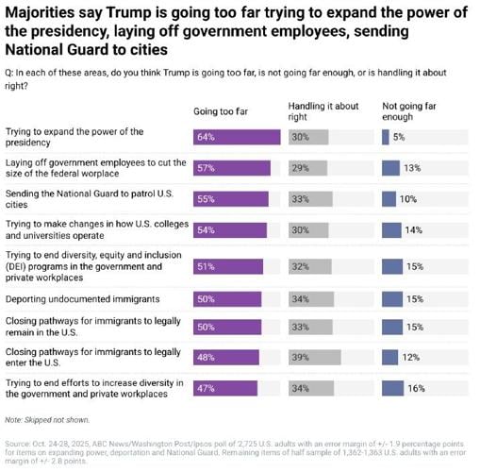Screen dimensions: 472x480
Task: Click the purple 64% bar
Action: pyautogui.click(x=237, y=137)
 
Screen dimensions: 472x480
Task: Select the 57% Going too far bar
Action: pyautogui.click(x=232, y=168)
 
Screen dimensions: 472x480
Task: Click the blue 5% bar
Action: pyautogui.click(x=386, y=137)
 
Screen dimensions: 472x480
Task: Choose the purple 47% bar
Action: pyautogui.click(x=225, y=388)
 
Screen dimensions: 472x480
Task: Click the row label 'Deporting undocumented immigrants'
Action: pyautogui.click(x=82, y=299)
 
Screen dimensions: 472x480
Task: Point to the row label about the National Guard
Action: pyautogui.click(x=94, y=199)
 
